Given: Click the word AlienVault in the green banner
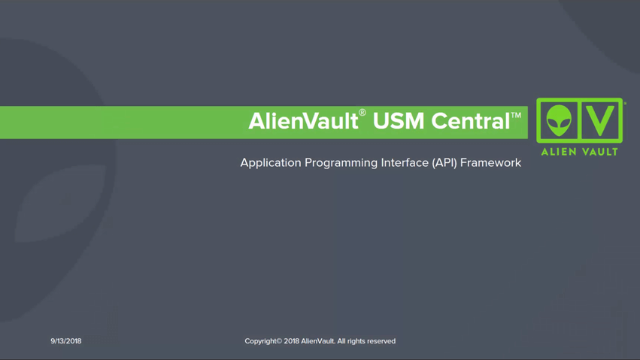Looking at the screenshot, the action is click(303, 121).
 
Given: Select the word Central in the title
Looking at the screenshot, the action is click(471, 121).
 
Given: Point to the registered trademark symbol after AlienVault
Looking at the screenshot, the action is click(362, 113).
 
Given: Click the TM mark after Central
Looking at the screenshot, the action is click(516, 116).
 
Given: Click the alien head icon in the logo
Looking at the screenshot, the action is click(559, 120).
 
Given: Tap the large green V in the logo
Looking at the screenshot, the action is click(600, 120).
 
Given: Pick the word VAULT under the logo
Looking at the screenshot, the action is click(600, 152).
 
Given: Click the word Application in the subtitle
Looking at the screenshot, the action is click(271, 163).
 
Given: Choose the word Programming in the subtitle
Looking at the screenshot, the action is click(341, 163).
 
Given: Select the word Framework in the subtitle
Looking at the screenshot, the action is click(490, 162).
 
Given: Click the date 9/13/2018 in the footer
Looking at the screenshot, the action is click(66, 341).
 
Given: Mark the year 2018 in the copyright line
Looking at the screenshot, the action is click(292, 341).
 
